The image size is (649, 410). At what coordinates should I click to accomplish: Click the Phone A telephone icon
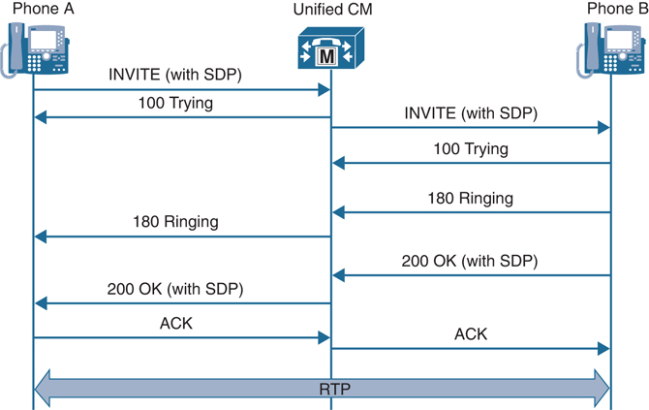pos(40,47)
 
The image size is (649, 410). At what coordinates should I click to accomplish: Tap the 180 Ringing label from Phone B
pos(470,198)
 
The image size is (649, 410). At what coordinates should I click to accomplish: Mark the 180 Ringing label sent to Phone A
pos(175,222)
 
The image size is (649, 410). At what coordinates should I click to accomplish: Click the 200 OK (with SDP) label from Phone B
pos(470,261)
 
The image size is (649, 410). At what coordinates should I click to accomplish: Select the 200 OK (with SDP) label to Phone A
pos(175,288)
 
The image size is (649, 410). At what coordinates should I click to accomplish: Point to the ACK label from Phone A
pos(176,323)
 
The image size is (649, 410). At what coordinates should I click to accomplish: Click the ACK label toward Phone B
pos(471,333)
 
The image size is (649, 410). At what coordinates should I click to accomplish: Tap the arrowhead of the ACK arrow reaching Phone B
pos(603,348)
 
